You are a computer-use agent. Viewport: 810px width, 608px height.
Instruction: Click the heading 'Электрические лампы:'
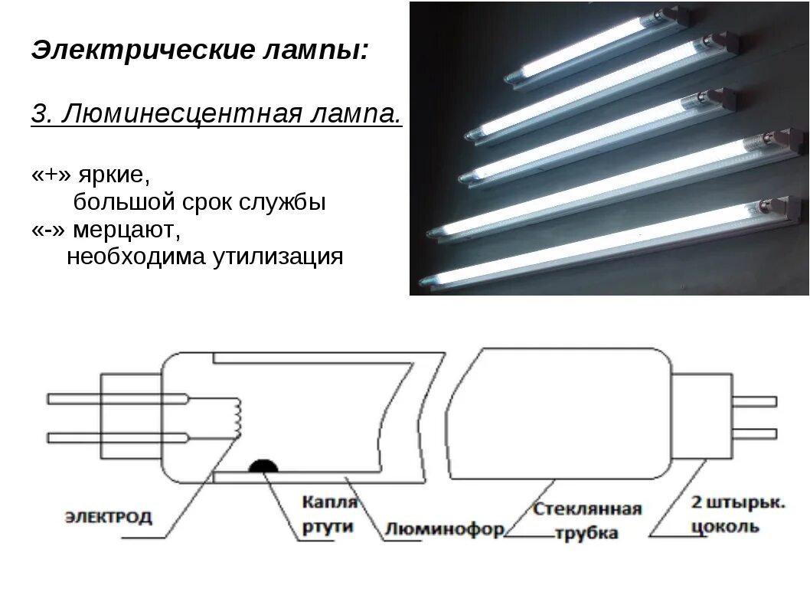200,51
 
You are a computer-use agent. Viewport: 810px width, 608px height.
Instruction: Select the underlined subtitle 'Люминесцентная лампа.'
230,115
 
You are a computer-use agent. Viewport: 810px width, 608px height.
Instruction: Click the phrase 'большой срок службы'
200,203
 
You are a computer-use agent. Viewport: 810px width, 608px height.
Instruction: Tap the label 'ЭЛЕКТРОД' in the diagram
108,517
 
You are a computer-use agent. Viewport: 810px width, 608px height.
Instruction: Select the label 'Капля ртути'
329,514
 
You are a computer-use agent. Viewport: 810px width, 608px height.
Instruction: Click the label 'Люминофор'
444,528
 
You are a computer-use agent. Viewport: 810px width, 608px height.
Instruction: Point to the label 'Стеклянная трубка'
587,521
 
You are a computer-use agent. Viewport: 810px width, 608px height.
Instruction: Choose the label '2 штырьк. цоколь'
737,515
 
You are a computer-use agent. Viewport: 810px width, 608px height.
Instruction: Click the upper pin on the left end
115,399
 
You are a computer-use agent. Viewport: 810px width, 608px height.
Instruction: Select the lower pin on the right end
753,433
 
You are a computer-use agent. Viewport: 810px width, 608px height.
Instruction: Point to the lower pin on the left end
115,438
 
